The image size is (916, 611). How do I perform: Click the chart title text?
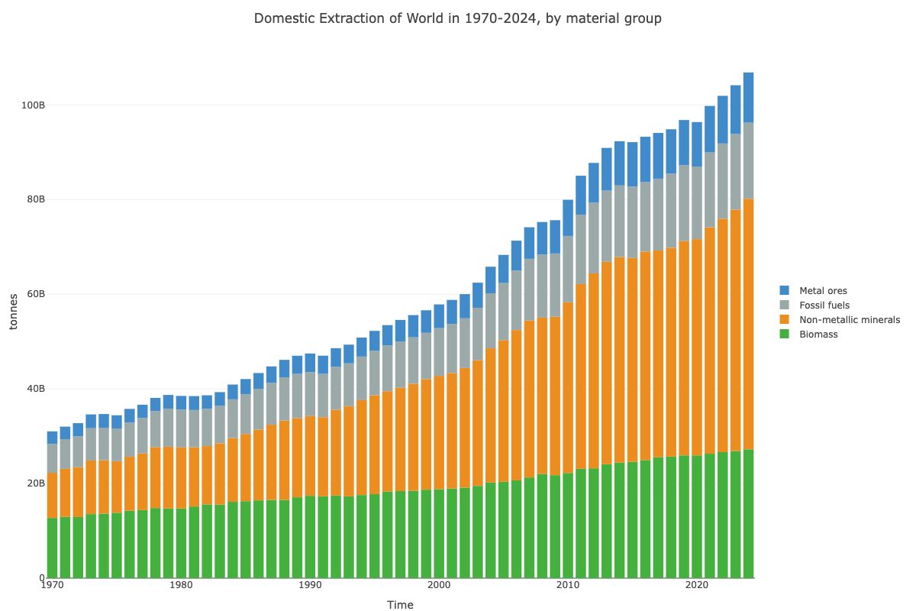[457, 18]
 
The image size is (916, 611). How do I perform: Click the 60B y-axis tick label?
[30, 294]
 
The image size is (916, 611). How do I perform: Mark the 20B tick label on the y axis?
[30, 483]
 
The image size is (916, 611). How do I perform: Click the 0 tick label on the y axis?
[35, 578]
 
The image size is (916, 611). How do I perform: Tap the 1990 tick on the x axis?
[310, 586]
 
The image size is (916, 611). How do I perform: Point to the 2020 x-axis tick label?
[696, 586]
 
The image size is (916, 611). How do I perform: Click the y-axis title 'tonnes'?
[14, 312]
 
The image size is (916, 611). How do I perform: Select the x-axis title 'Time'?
[400, 606]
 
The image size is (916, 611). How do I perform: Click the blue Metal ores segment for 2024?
[748, 97]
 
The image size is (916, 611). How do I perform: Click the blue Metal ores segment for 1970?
[52, 438]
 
